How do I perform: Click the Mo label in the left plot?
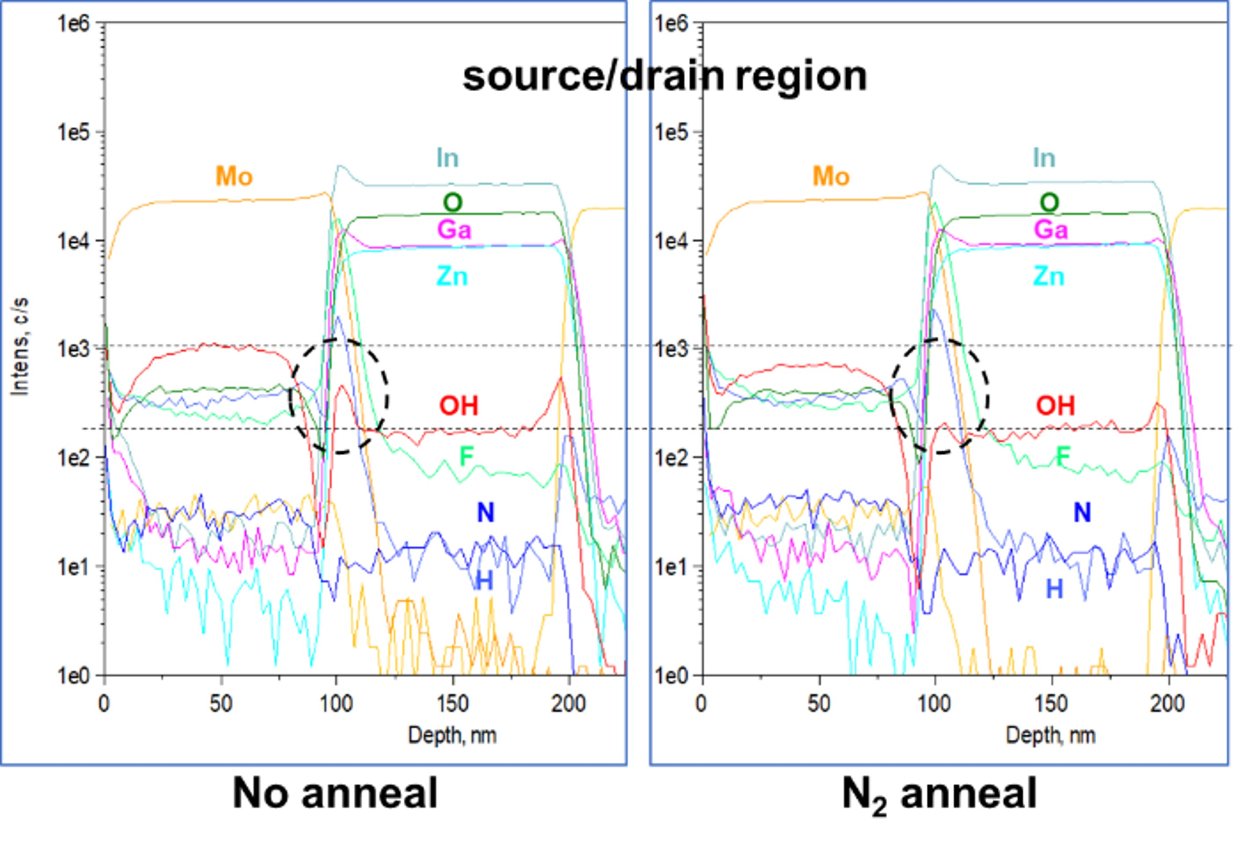pos(234,176)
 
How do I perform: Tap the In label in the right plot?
pos(1044,158)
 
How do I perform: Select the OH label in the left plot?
pos(459,406)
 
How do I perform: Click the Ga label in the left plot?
pos(454,230)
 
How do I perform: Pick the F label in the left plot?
pos(466,456)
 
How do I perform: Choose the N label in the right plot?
pos(1082,512)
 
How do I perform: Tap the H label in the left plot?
pos(484,581)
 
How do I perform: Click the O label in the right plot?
pos(1049,202)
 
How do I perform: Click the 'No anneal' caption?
pos(335,793)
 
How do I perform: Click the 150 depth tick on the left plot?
pos(452,704)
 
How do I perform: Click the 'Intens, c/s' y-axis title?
pos(20,347)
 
